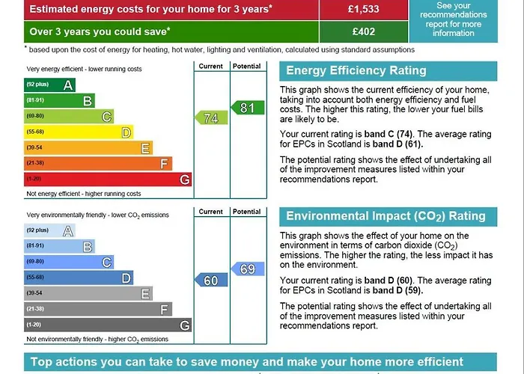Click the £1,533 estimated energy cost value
(x=362, y=10)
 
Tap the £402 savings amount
(x=362, y=32)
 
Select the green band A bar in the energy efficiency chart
(x=49, y=85)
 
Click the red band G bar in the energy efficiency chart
(x=108, y=180)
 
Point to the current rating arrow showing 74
(x=210, y=118)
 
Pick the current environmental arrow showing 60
(x=210, y=280)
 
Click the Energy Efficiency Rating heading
(x=356, y=71)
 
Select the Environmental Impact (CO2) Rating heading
(x=386, y=216)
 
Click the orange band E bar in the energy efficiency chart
(x=88, y=148)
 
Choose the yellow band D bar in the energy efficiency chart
(x=79, y=132)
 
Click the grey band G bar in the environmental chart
(x=108, y=325)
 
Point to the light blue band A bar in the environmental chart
(x=49, y=231)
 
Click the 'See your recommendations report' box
(x=463, y=19)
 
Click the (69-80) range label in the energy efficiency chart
(x=35, y=117)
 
